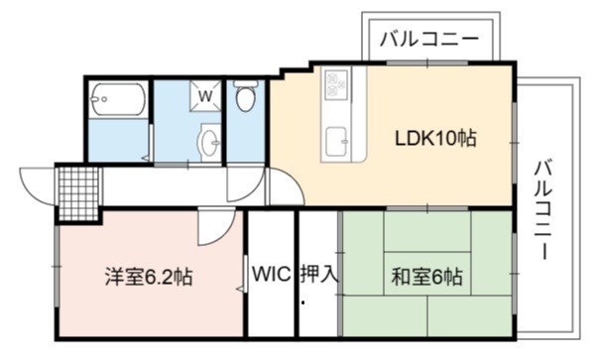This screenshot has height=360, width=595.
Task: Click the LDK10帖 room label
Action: (435, 138)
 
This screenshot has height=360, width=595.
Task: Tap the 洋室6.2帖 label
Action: (149, 277)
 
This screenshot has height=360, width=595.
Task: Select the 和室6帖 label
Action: (427, 277)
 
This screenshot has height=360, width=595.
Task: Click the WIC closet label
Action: (272, 274)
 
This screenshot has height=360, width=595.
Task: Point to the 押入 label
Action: (318, 274)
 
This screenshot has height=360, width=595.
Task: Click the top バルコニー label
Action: (429, 39)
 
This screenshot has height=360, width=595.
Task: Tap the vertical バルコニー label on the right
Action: (543, 210)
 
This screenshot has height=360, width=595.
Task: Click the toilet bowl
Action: (245, 96)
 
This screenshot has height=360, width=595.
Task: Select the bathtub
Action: (118, 99)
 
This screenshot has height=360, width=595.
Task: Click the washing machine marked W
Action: (205, 95)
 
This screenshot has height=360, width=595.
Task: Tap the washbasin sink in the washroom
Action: (210, 142)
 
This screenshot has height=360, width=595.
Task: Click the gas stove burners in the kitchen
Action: (336, 84)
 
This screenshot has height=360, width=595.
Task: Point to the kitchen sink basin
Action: (337, 141)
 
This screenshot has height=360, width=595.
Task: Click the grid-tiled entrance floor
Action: (79, 193)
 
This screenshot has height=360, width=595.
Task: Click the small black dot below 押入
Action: (302, 302)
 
